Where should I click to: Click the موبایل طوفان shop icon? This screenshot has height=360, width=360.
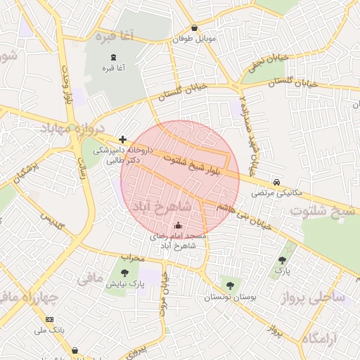click(x=195, y=28)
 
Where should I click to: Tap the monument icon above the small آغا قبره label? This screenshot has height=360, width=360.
click(x=114, y=57)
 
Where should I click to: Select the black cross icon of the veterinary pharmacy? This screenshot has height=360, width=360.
click(x=122, y=139)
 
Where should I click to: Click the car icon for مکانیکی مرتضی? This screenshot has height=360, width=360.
click(x=278, y=181)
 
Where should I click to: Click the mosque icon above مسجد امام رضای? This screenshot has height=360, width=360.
click(x=177, y=226)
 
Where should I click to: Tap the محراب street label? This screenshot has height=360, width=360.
click(x=131, y=258)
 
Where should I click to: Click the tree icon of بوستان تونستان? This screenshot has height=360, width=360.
click(x=230, y=285)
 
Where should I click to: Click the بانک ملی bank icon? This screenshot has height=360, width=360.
click(x=49, y=320)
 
